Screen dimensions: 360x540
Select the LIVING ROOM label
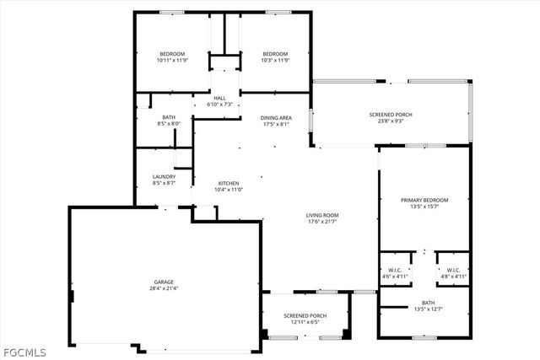click(x=321, y=215)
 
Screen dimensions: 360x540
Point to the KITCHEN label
click(x=229, y=183)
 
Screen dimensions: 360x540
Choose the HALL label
click(x=219, y=98)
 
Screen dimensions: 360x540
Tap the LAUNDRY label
click(x=164, y=176)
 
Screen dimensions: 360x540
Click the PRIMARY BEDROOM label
click(x=424, y=200)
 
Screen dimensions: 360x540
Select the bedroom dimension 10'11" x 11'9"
click(x=171, y=61)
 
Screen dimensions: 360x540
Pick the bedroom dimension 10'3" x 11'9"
click(x=275, y=61)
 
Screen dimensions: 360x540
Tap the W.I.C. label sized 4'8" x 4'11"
click(x=452, y=277)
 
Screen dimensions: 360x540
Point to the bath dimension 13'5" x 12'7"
click(x=428, y=309)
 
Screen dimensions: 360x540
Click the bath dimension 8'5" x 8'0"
click(x=169, y=124)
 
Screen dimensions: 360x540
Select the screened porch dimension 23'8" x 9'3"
click(x=391, y=121)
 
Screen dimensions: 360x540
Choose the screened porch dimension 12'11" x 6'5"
click(x=305, y=322)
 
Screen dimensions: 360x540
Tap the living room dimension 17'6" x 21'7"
click(x=321, y=222)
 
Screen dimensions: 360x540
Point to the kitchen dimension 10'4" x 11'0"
click(x=229, y=190)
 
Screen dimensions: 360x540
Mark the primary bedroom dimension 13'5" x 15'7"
click(x=424, y=207)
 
